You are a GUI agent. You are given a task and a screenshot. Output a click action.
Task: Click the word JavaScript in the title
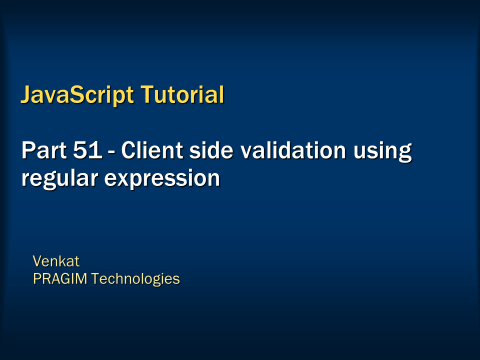[x=77, y=95]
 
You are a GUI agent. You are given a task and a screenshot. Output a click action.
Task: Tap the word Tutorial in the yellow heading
[x=182, y=94]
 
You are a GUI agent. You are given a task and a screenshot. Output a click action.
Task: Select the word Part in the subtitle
[x=44, y=150]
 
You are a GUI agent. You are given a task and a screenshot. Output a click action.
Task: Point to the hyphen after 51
[x=111, y=152]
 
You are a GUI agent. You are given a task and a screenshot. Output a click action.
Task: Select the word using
[x=382, y=151]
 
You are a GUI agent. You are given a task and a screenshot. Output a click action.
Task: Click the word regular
[x=59, y=178]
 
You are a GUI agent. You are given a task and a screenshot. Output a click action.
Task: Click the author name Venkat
[x=56, y=261]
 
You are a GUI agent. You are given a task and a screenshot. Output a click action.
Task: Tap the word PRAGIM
[x=60, y=278]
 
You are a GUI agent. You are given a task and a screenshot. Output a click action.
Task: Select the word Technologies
[x=135, y=279]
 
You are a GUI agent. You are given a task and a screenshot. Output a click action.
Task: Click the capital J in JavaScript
[x=25, y=94]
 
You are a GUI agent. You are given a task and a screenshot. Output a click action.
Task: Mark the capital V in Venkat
[x=38, y=261]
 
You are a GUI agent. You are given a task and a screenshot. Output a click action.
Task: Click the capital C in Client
[x=129, y=150]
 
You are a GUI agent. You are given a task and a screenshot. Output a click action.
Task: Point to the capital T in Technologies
[x=96, y=278]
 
